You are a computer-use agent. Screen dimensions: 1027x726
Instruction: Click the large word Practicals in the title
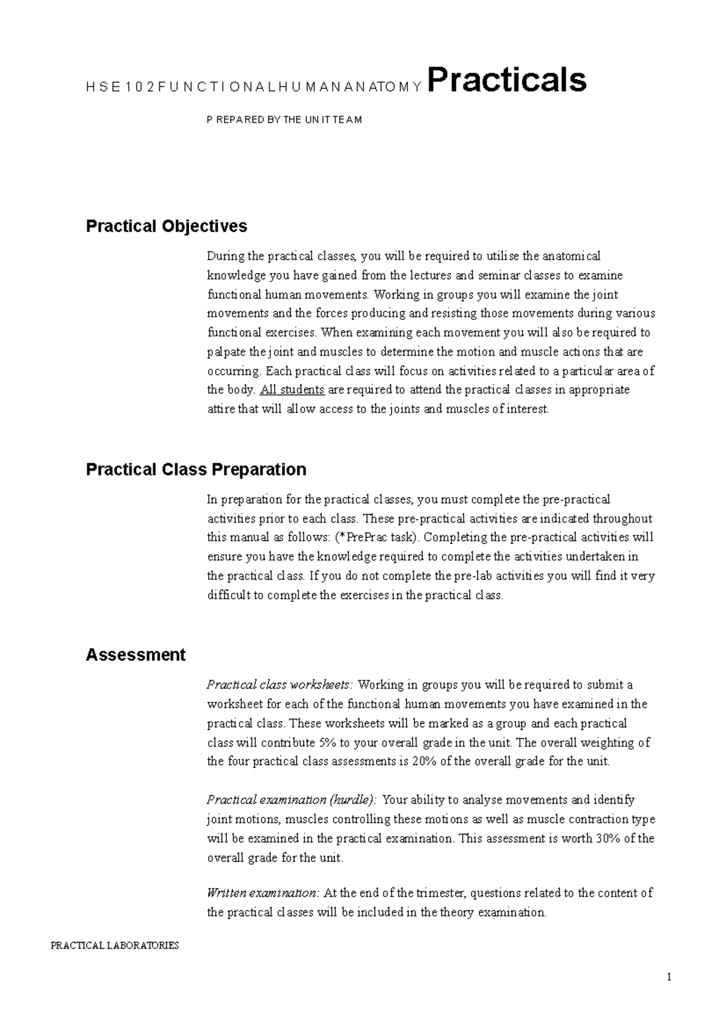click(x=507, y=81)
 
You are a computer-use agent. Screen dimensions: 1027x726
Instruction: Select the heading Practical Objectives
click(x=166, y=226)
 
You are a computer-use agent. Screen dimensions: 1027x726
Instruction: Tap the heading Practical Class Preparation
click(x=196, y=469)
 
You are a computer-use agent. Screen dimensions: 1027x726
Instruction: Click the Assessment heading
click(x=136, y=655)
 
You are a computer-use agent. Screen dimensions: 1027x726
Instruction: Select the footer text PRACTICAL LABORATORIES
click(x=115, y=945)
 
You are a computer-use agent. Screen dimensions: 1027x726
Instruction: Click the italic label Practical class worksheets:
click(x=279, y=685)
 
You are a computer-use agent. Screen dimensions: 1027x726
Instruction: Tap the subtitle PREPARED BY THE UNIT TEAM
click(x=284, y=120)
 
